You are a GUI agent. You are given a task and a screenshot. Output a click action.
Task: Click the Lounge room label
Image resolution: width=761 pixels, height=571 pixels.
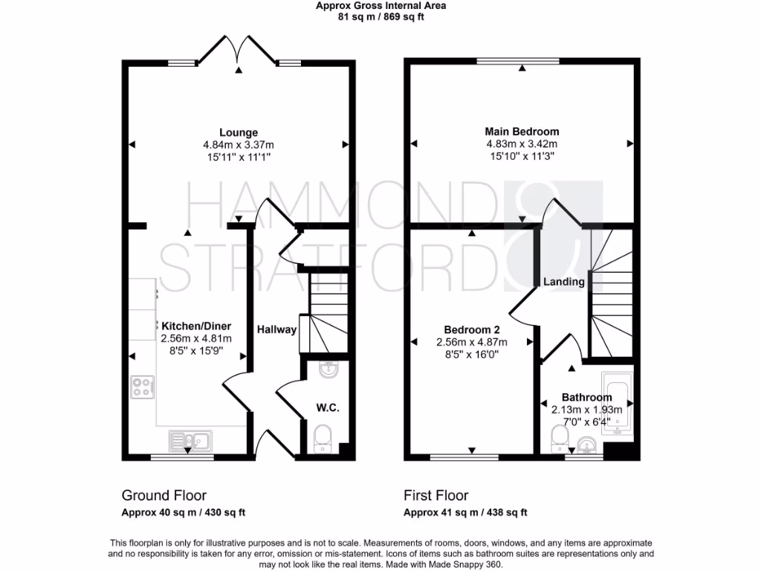pyautogui.click(x=239, y=133)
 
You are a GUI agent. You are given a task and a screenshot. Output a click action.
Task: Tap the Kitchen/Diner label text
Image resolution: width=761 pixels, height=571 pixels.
pyautogui.click(x=197, y=326)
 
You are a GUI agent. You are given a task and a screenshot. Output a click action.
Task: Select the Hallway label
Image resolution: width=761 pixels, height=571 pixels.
pyautogui.click(x=277, y=329)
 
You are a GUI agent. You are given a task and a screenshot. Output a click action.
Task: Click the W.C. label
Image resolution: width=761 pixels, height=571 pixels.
pyautogui.click(x=327, y=407)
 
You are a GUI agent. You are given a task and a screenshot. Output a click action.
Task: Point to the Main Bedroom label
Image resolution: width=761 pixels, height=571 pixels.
pyautogui.click(x=522, y=132)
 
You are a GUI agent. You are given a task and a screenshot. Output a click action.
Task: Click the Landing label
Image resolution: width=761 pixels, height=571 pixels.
pyautogui.click(x=563, y=282)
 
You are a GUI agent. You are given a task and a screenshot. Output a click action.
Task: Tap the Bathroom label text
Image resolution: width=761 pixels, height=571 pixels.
pyautogui.click(x=586, y=397)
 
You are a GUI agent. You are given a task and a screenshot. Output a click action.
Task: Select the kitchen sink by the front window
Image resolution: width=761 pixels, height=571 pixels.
pyautogui.click(x=190, y=438)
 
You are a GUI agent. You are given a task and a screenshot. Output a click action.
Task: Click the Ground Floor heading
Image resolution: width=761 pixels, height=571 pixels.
pyautogui.click(x=163, y=495)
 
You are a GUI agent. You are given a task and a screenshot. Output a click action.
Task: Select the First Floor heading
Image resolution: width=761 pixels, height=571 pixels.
pyautogui.click(x=435, y=495)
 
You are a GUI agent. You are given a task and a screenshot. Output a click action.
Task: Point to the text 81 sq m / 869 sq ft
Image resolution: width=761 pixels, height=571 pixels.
pyautogui.click(x=380, y=16)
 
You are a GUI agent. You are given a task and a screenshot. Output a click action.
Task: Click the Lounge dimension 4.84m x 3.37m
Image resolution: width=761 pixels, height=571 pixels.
pyautogui.click(x=239, y=145)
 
